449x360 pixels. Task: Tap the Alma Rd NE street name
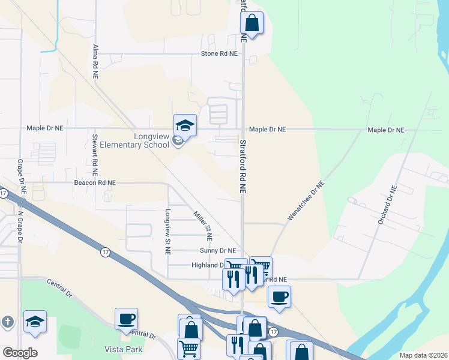pos(95,61)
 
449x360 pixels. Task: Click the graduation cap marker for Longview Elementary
pos(185,125)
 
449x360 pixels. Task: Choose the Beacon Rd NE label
pos(95,182)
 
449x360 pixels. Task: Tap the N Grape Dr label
pos(20,226)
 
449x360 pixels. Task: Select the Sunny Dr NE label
pos(218,250)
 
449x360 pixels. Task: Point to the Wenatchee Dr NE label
pos(306,202)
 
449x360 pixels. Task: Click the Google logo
pos(20,353)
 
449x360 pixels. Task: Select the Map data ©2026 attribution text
pos(423,355)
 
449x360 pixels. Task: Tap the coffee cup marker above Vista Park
pos(126,319)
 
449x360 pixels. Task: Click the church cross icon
pos(7,322)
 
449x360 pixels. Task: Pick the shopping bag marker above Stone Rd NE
pos(252,23)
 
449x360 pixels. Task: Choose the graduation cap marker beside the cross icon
pos(35,322)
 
